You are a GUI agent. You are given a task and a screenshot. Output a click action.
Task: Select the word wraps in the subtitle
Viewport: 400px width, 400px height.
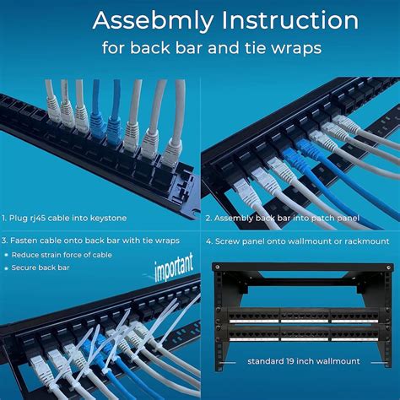(296, 48)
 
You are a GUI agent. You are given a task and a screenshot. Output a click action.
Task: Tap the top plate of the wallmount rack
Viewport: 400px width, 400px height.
(301, 267)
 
